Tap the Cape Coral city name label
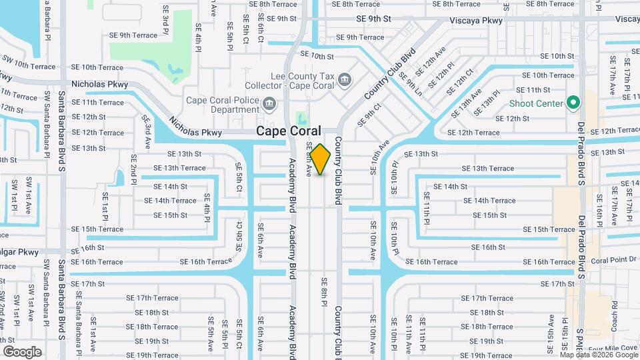289,131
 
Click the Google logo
22,351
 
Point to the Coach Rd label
614,315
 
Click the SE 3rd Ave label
147,127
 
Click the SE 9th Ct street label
369,113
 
